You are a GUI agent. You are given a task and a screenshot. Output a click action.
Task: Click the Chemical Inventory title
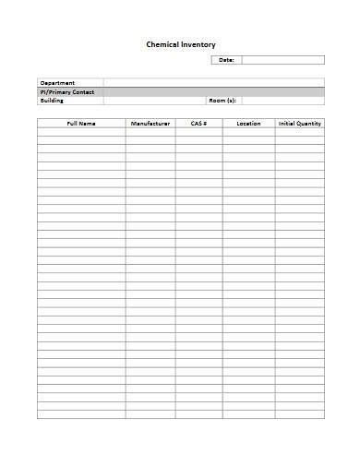pyautogui.click(x=181, y=43)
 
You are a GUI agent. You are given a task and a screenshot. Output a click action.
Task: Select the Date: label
pyautogui.click(x=226, y=60)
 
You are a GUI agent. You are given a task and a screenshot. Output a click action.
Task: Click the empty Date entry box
pyautogui.click(x=282, y=60)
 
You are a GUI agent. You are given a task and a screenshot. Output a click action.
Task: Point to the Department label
pyautogui.click(x=58, y=83)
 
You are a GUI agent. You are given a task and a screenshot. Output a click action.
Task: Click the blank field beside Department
pyautogui.click(x=213, y=83)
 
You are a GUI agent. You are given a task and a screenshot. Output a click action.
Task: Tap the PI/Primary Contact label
pyautogui.click(x=68, y=91)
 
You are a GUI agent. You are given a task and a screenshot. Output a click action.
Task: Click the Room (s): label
pyautogui.click(x=222, y=100)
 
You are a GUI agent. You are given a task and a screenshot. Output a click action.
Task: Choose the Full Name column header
pyautogui.click(x=81, y=123)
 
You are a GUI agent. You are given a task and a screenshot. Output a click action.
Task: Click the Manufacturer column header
pyautogui.click(x=150, y=123)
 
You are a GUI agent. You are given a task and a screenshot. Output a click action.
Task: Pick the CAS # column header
pyautogui.click(x=198, y=123)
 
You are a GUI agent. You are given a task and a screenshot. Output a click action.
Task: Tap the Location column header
pyautogui.click(x=248, y=123)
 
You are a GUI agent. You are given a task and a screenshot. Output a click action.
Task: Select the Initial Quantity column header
pyautogui.click(x=299, y=123)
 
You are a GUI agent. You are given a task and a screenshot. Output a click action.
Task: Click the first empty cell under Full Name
pyautogui.click(x=81, y=131)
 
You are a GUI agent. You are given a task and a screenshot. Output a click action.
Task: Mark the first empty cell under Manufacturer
pyautogui.click(x=150, y=131)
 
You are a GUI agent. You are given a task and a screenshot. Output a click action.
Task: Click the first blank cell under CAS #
pyautogui.click(x=198, y=131)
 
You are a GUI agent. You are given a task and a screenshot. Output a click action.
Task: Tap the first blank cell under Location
pyautogui.click(x=248, y=131)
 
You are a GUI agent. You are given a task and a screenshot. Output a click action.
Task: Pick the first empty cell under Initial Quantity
pyautogui.click(x=299, y=131)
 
